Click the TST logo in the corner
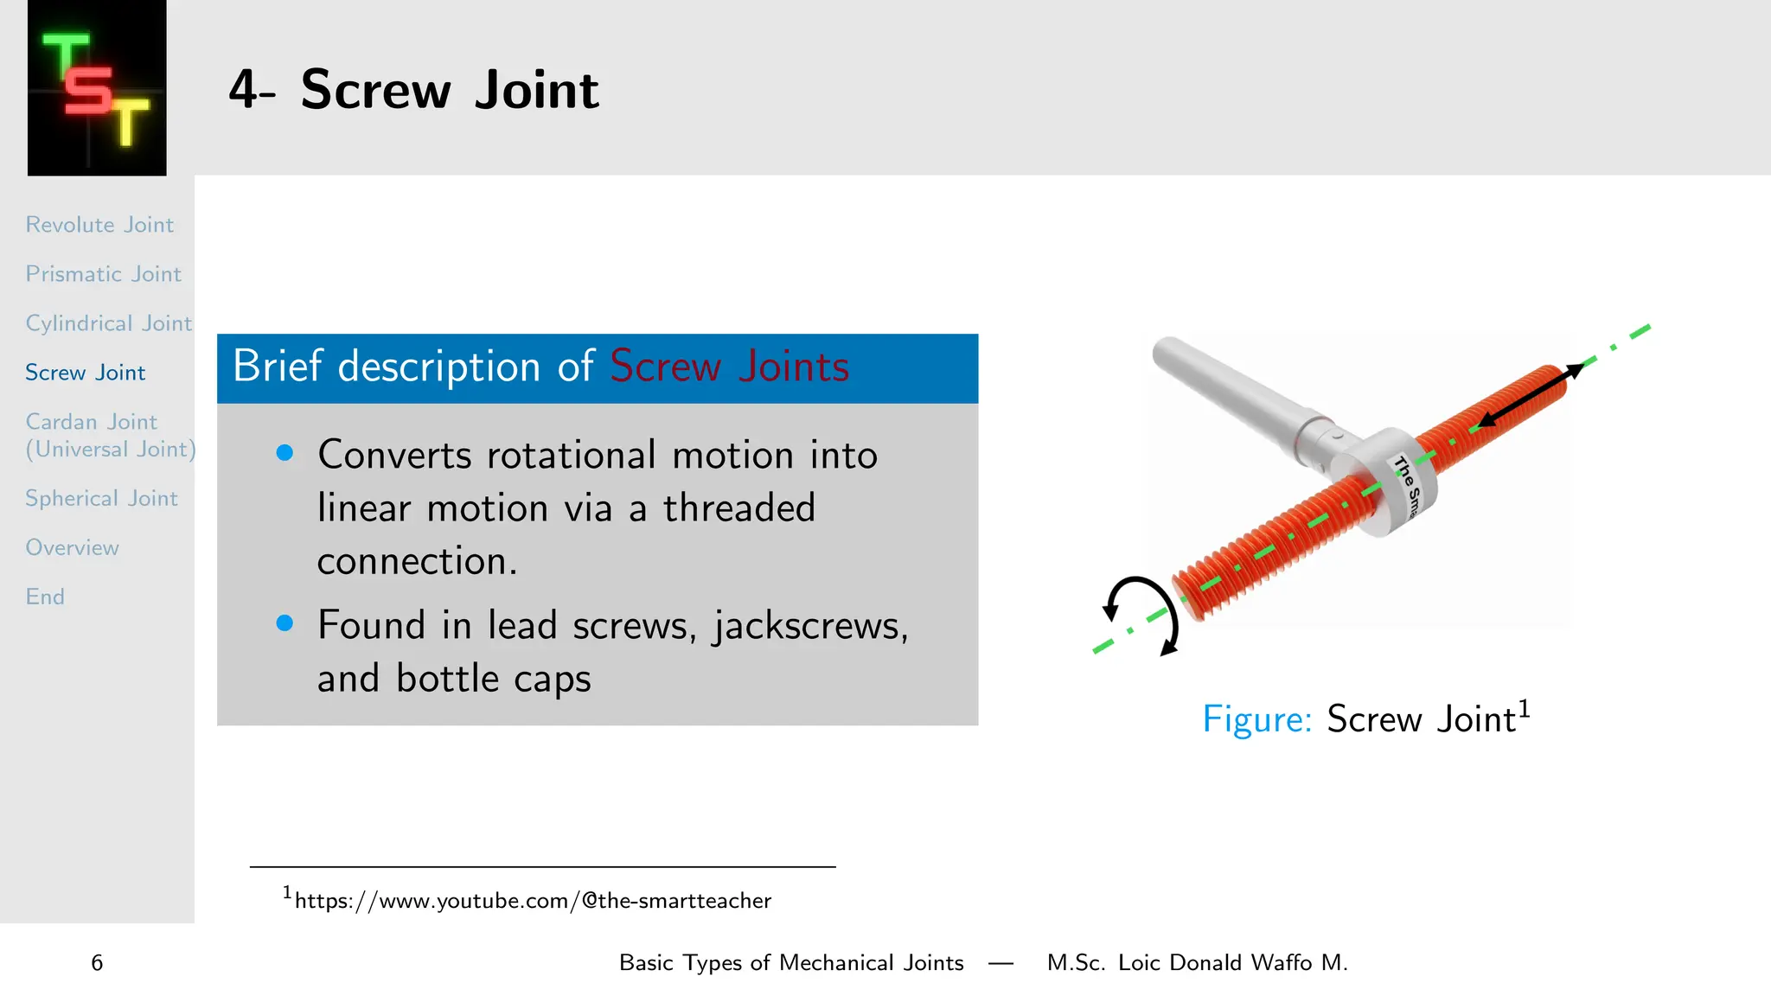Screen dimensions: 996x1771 pyautogui.click(x=97, y=88)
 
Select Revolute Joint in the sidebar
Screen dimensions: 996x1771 pyautogui.click(x=99, y=225)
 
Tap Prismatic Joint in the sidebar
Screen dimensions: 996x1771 pyautogui.click(x=103, y=274)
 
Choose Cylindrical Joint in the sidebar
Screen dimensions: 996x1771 pyautogui.click(x=108, y=323)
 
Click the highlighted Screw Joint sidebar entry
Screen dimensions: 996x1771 pyautogui.click(x=85, y=373)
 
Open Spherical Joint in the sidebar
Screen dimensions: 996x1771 pyautogui.click(x=101, y=499)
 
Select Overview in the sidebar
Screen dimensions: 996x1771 pyautogui.click(x=72, y=548)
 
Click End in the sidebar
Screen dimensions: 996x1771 pyautogui.click(x=45, y=597)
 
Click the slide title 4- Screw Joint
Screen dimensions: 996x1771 pyautogui.click(x=413, y=90)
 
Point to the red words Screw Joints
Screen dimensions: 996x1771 pyautogui.click(x=729, y=367)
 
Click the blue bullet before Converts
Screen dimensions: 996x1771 pyautogui.click(x=285, y=453)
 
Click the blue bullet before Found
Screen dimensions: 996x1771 pyautogui.click(x=285, y=623)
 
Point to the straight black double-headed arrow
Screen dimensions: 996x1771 pyautogui.click(x=1529, y=396)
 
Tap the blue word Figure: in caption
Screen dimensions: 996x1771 pyautogui.click(x=1256, y=719)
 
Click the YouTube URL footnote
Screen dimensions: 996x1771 pyautogui.click(x=532, y=901)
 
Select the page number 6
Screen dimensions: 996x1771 pyautogui.click(x=97, y=963)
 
